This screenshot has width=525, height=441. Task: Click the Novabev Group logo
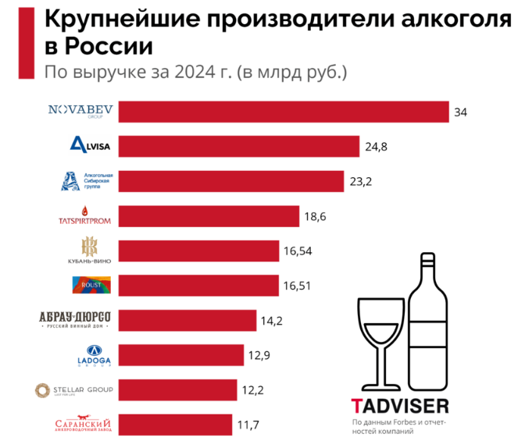click(81, 111)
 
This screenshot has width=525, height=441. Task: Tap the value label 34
click(460, 112)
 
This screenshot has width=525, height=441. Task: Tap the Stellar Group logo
click(75, 389)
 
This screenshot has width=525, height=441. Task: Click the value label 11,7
click(247, 425)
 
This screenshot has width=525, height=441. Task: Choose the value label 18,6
click(316, 216)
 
